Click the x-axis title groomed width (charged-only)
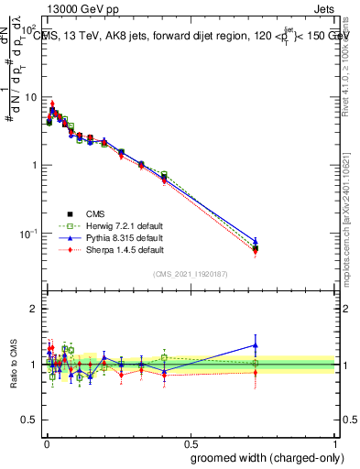coord(262,456)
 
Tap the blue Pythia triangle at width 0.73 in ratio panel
coord(256,345)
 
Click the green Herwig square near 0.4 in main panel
coord(164,174)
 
